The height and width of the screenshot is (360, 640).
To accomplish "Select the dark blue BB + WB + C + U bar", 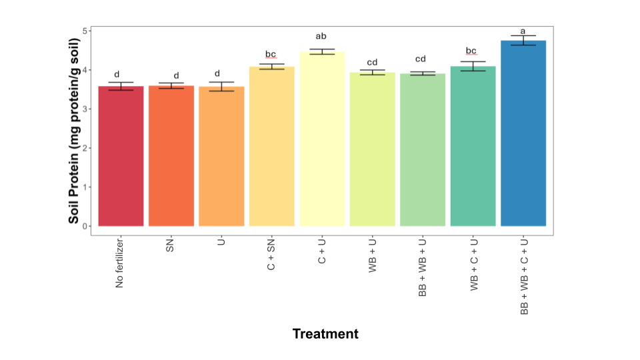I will pyautogui.click(x=523, y=133).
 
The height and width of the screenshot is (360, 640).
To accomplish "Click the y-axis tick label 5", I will pyautogui.click(x=85, y=31).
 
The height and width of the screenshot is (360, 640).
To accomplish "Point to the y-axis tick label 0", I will pyautogui.click(x=85, y=227).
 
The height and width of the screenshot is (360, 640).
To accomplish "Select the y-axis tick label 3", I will pyautogui.click(x=85, y=109).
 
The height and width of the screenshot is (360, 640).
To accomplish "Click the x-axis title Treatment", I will pyautogui.click(x=325, y=334).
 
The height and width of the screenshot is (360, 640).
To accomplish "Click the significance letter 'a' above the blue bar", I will pyautogui.click(x=523, y=31).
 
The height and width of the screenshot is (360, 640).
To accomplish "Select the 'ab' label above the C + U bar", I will pyautogui.click(x=322, y=37).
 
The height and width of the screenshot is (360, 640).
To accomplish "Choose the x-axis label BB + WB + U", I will pyautogui.click(x=423, y=266).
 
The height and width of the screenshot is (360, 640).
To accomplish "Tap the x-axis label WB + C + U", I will pyautogui.click(x=473, y=263).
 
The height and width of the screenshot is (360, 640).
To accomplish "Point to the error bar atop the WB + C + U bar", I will pyautogui.click(x=473, y=66).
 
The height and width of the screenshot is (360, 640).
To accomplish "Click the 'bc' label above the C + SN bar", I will pyautogui.click(x=271, y=54).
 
